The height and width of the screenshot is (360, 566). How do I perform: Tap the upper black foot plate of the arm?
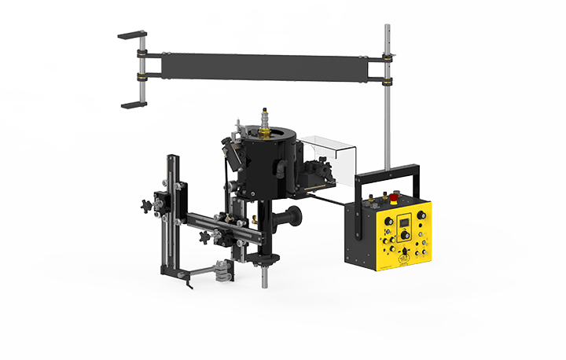(132, 35)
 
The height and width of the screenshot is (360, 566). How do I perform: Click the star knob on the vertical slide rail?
(143, 207)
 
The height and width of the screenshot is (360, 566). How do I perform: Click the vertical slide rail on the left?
(172, 212)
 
